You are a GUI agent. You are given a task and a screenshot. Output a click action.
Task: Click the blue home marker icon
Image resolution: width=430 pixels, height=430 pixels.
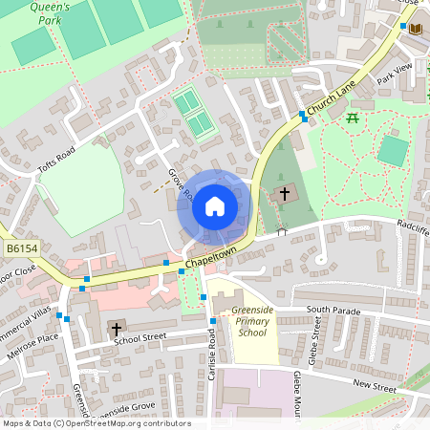tap(214, 206)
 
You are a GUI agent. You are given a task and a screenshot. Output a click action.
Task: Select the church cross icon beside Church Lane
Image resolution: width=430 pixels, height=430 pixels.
tap(285, 194)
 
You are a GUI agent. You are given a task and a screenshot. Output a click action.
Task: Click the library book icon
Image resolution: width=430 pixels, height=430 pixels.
tap(415, 30)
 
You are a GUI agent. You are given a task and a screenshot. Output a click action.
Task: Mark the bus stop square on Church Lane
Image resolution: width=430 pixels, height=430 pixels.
tap(303, 116)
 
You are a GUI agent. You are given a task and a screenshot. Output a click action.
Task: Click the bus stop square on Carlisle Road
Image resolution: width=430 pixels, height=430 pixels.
tap(204, 298)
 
